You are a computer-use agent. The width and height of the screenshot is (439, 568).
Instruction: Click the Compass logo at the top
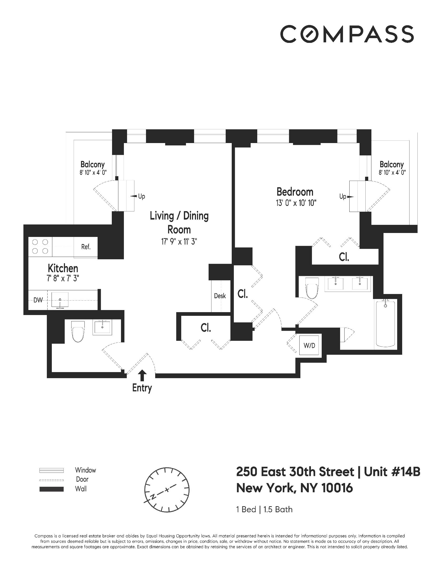(347, 34)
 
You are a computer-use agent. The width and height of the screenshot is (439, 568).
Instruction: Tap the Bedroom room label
(295, 192)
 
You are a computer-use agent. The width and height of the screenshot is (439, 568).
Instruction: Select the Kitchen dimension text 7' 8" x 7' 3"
(63, 278)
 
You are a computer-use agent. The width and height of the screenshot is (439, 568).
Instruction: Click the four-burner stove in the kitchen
(40, 246)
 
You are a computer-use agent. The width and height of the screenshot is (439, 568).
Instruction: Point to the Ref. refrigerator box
(86, 247)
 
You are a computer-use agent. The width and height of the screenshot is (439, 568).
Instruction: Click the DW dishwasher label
(38, 300)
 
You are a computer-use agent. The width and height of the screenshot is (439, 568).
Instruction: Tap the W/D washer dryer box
(309, 346)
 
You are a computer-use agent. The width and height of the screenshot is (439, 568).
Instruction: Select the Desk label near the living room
(220, 296)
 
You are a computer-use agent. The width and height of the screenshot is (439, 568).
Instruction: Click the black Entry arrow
(142, 375)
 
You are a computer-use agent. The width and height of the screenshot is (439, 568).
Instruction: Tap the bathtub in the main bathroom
(385, 324)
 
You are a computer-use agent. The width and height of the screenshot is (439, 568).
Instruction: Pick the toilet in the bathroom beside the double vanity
(312, 288)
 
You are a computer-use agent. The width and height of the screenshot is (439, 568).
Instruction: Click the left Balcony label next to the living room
(93, 165)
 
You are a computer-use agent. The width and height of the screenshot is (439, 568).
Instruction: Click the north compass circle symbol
(167, 490)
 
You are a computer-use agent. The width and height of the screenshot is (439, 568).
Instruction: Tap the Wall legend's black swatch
(51, 489)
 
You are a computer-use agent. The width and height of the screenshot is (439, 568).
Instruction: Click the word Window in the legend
(85, 470)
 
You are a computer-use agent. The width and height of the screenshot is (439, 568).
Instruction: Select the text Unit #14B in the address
(392, 472)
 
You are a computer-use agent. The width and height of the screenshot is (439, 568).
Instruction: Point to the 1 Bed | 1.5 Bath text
(264, 509)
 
